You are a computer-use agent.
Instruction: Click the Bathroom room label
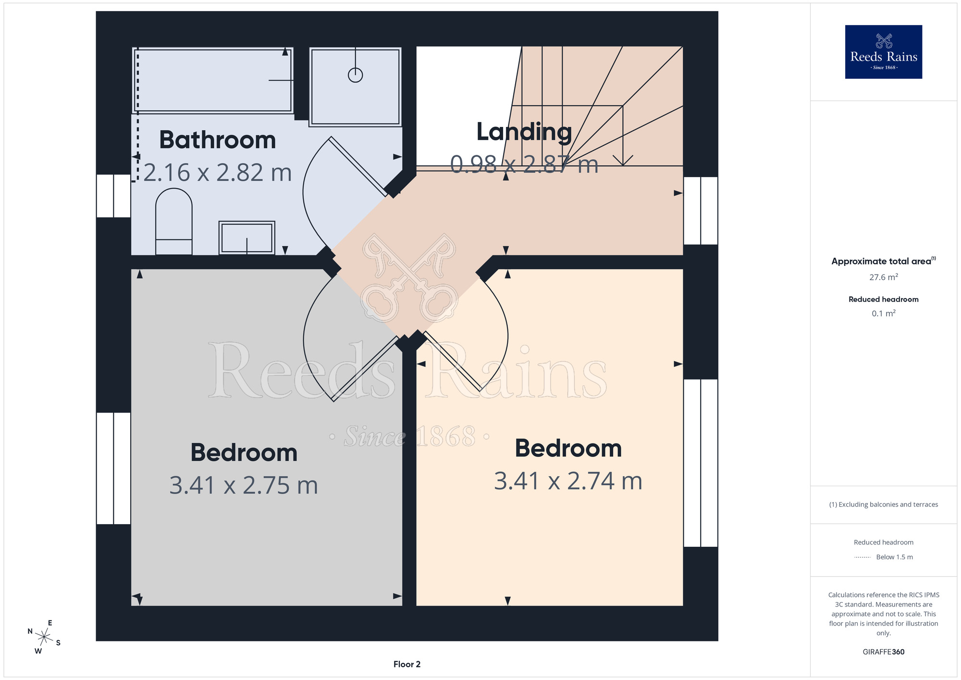click(218, 140)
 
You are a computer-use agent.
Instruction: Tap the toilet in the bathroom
click(174, 221)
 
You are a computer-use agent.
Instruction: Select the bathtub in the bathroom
click(212, 80)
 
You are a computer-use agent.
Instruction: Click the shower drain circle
click(355, 75)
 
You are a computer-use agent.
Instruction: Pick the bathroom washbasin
click(247, 238)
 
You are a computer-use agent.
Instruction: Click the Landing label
click(524, 132)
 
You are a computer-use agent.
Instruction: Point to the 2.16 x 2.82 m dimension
click(218, 173)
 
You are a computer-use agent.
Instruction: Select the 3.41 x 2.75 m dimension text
click(244, 485)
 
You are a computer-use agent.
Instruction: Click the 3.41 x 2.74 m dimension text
click(568, 481)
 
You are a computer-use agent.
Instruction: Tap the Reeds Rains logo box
click(884, 52)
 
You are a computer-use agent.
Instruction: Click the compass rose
click(44, 637)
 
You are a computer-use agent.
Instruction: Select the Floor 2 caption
click(407, 664)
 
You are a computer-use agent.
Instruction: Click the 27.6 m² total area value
click(884, 277)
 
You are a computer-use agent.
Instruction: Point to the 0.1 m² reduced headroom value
click(884, 313)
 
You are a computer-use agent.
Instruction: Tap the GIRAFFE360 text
click(884, 652)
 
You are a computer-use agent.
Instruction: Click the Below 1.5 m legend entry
click(884, 557)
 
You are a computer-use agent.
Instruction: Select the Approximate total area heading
click(884, 261)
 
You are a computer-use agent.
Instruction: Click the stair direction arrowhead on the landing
click(623, 161)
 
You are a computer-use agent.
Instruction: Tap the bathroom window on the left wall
click(113, 196)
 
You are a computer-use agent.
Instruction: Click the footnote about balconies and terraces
click(884, 504)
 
